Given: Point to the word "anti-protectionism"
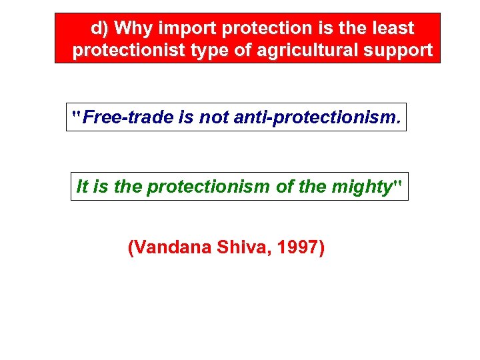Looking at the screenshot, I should click(x=315, y=118).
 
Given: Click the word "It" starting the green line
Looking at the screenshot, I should click(x=82, y=187).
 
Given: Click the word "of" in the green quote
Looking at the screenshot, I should click(x=285, y=187).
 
